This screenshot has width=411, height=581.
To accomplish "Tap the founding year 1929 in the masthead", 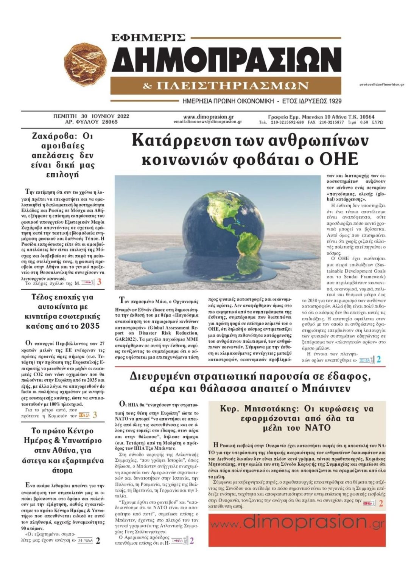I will (334, 101).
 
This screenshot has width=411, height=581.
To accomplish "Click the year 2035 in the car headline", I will (89, 326).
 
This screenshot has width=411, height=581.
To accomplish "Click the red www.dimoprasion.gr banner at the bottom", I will (297, 530).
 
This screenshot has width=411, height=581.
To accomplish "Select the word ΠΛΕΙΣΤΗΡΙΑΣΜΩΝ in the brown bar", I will (232, 86).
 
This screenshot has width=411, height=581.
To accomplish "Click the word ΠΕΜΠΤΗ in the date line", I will (65, 117).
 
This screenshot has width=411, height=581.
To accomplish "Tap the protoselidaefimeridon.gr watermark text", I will (381, 84).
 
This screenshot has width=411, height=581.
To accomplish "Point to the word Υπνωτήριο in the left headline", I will (83, 441).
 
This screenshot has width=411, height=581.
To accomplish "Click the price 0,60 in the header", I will (364, 122).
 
